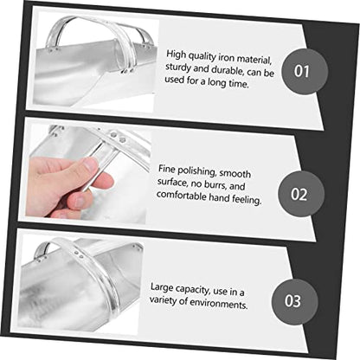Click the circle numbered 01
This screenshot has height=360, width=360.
(x=305, y=71)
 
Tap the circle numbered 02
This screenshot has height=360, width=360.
(x=301, y=194)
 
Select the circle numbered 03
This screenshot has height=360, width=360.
(x=294, y=301)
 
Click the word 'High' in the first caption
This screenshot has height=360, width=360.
(x=176, y=54)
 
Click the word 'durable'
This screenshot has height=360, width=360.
(x=228, y=70)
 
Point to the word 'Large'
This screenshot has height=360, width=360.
(x=162, y=287)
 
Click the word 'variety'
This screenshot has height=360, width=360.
(x=163, y=300)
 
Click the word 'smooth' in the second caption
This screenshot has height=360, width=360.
(x=235, y=173)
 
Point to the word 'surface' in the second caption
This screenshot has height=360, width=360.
(x=172, y=182)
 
